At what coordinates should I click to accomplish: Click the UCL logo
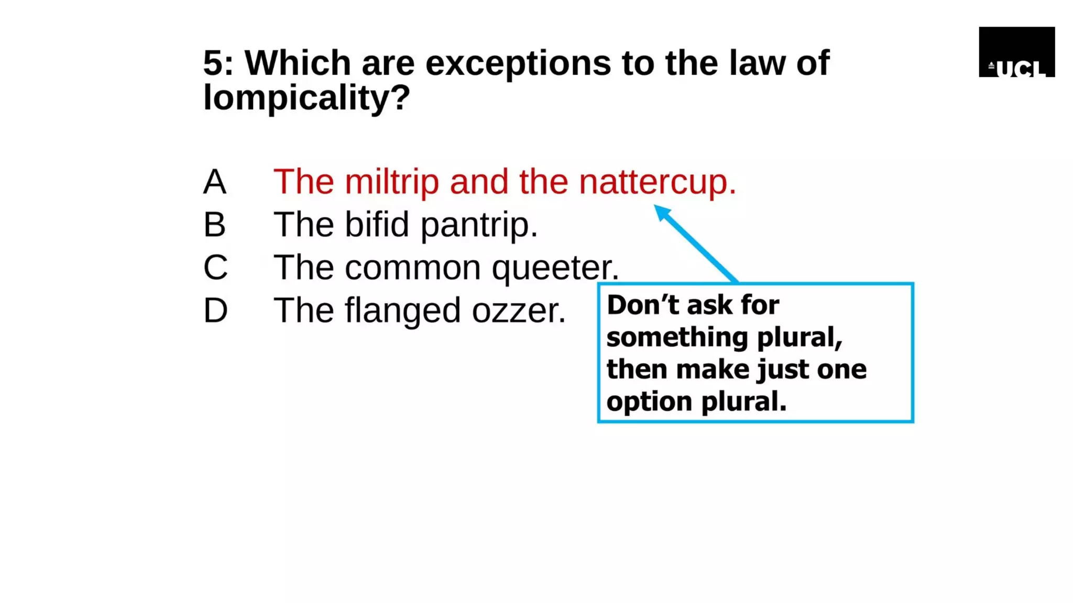tap(1016, 52)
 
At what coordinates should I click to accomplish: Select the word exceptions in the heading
tap(518, 63)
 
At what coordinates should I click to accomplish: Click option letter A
tap(215, 182)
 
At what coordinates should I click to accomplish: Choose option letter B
tap(215, 225)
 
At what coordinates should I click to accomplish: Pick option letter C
tap(215, 267)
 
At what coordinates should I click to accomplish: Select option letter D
tap(215, 310)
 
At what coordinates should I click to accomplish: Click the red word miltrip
tap(391, 182)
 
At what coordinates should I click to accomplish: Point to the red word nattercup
tap(657, 182)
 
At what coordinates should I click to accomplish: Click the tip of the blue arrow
tap(656, 207)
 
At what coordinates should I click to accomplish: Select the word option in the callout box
tap(649, 402)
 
